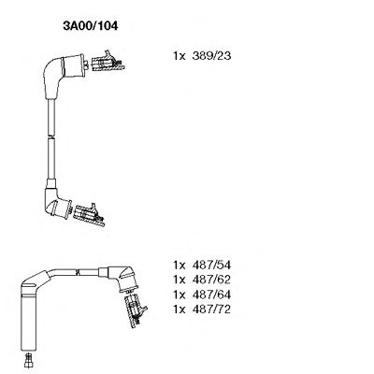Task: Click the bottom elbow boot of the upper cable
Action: tap(55, 201)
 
